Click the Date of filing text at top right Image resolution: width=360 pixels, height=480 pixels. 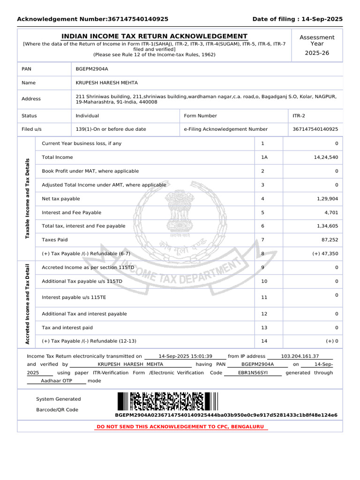tap(297, 19)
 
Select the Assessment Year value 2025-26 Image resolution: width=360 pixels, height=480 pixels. tap(317, 53)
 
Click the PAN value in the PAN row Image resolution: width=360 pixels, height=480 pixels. tap(92, 69)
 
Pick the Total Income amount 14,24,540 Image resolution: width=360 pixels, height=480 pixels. tap(325, 157)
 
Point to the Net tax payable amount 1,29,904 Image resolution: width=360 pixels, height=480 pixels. tap(327, 199)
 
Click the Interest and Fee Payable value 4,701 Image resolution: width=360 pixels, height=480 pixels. tap(330, 212)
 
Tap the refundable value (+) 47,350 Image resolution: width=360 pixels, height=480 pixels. tap(325, 254)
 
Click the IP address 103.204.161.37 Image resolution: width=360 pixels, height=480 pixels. tap(300, 356)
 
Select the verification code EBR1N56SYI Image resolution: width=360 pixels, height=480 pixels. tap(253, 373)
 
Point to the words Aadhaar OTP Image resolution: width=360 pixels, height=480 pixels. tap(56, 381)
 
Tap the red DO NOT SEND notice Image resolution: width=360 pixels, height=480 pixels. tap(180, 427)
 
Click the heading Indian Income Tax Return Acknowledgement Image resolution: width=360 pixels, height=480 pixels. tap(155, 37)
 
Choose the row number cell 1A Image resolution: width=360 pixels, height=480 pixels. tap(264, 157)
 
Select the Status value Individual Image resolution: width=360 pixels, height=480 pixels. tap(87, 116)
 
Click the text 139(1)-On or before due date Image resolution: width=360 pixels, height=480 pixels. tap(111, 129)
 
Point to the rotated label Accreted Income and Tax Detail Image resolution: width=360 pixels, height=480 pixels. tap(27, 305)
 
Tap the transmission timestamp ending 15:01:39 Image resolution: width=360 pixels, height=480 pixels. tap(185, 356)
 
